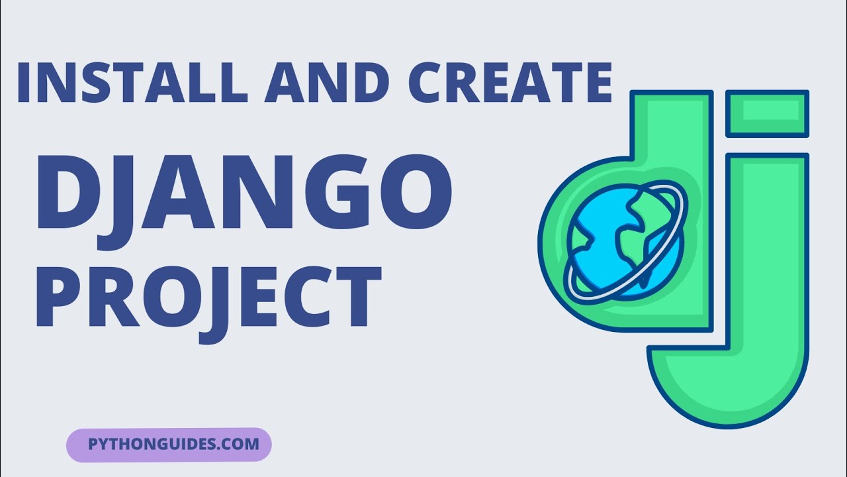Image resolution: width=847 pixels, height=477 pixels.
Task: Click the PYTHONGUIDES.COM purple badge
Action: pos(169,444)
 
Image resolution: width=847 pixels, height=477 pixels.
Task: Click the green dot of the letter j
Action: pos(767,114)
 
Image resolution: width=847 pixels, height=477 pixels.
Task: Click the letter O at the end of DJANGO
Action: pos(414,189)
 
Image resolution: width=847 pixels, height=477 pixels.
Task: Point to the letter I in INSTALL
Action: pos(24,83)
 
